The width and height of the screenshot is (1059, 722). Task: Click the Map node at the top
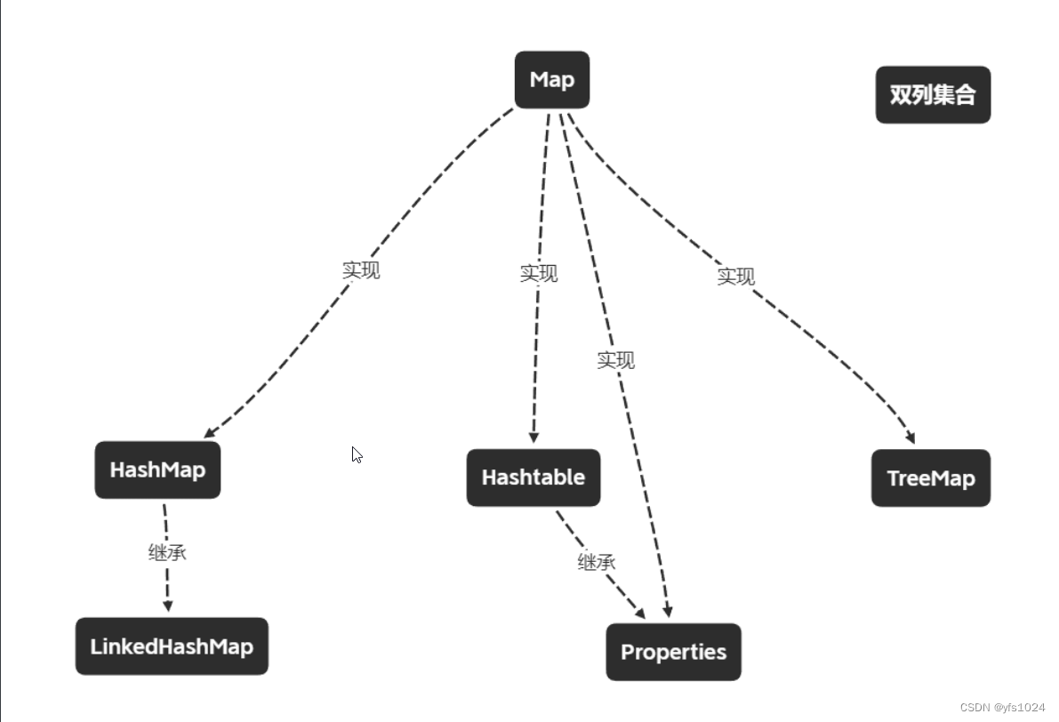point(552,80)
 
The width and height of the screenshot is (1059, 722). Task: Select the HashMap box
point(157,469)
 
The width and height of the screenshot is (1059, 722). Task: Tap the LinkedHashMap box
point(172,646)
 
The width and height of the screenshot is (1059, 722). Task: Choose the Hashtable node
point(534,477)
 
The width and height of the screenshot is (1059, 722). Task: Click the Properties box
point(673,652)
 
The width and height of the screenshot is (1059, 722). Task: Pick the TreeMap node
point(931,478)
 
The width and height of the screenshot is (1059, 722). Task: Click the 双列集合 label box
point(933,94)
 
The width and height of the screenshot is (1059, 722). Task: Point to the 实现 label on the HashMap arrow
point(361,270)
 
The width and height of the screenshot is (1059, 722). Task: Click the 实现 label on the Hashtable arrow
point(539,273)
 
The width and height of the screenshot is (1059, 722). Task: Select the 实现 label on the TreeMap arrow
point(736,277)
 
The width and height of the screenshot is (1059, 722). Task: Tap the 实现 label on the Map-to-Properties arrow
point(615,360)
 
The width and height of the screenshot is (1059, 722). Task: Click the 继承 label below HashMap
point(167,552)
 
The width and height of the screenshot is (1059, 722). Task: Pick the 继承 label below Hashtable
point(597,562)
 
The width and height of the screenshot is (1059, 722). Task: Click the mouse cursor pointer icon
point(357,454)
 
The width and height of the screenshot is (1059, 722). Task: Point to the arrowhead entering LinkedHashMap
point(167,606)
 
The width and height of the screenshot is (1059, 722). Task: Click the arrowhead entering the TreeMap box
point(909,437)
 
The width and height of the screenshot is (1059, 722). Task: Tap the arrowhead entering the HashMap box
point(210,432)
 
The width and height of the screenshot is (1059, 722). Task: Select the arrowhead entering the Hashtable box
point(534,437)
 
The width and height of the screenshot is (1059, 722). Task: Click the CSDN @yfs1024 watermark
point(1002,707)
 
